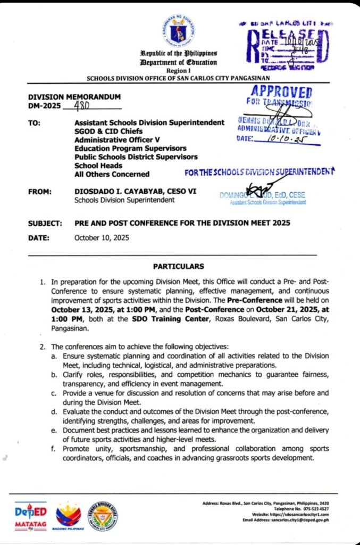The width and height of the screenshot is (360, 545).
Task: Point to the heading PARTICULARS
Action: [178, 266]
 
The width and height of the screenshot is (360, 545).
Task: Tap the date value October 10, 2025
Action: [102, 238]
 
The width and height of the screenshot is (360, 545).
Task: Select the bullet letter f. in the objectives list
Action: [54, 450]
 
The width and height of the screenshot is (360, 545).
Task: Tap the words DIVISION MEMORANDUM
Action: [74, 96]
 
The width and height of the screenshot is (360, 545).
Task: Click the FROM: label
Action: [39, 191]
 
